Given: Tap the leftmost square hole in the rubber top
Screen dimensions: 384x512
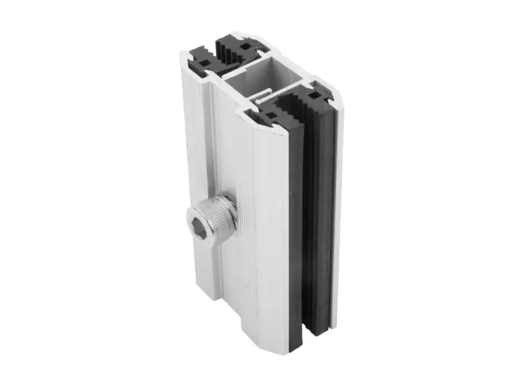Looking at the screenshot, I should [205, 63].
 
